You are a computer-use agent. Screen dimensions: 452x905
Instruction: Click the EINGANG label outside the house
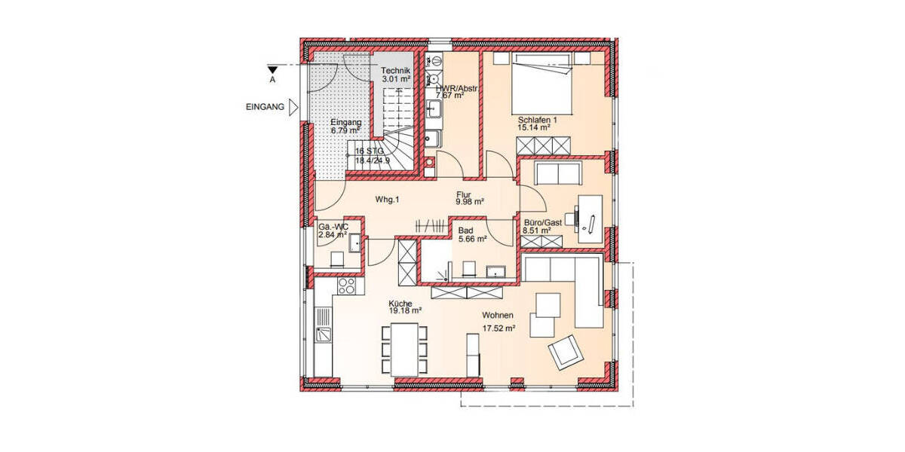coord(265,107)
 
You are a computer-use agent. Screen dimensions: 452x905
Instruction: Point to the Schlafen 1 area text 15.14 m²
coord(533,128)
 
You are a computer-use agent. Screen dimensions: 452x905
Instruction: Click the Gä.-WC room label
coord(333,226)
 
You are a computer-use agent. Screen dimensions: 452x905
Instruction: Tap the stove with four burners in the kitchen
coord(347,286)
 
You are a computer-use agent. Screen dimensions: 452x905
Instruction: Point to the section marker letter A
coord(272,78)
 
